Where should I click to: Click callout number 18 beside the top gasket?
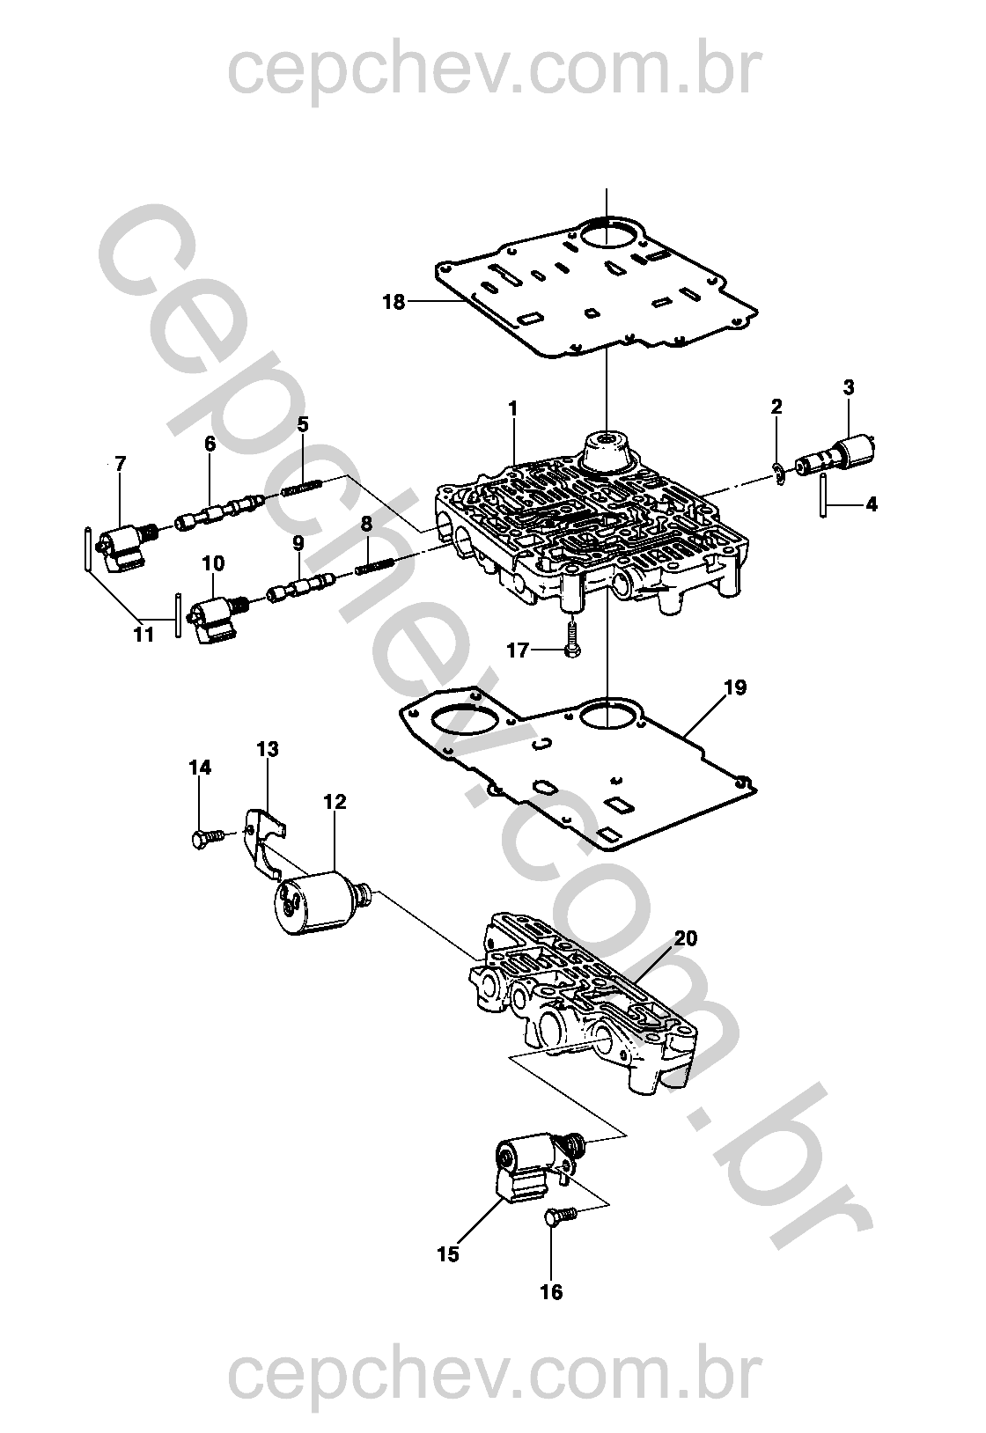pos(394,301)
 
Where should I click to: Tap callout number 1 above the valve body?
pos(511,408)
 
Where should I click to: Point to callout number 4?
pos(871,505)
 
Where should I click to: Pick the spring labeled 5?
pos(302,490)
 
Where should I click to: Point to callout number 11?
pos(144,635)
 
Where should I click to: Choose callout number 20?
pos(685,938)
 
